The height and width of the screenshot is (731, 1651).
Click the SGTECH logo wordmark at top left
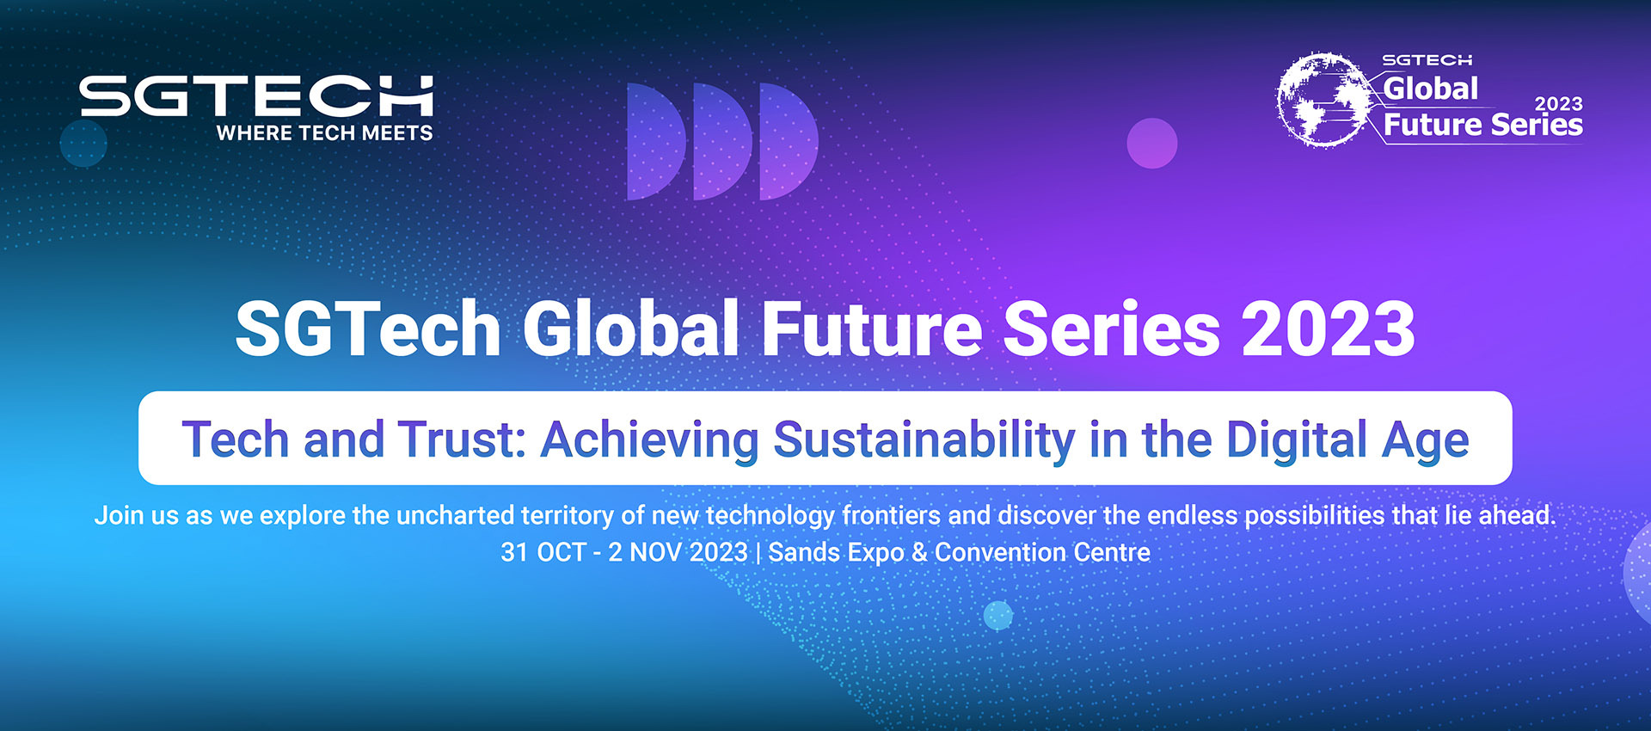click(x=255, y=95)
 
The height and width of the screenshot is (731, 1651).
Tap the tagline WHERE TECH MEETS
click(x=324, y=133)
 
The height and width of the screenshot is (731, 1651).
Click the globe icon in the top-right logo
click(x=1322, y=99)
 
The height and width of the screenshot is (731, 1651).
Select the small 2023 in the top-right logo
click(x=1558, y=104)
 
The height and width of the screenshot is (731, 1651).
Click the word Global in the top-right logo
click(x=1430, y=89)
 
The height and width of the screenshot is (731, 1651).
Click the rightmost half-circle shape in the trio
click(x=787, y=142)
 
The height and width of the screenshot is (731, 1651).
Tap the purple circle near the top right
click(x=1151, y=143)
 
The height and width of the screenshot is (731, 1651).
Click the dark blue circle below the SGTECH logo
click(x=83, y=143)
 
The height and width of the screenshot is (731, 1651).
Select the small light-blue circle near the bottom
click(x=997, y=615)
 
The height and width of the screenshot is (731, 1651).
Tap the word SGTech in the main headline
click(x=367, y=329)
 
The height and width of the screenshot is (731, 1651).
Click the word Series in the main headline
click(x=1111, y=329)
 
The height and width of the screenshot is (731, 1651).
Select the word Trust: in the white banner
click(x=462, y=439)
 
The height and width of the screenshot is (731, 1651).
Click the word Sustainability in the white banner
click(x=924, y=439)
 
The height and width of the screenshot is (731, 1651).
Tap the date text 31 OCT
click(x=543, y=552)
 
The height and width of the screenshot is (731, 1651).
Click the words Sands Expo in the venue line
click(x=835, y=552)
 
